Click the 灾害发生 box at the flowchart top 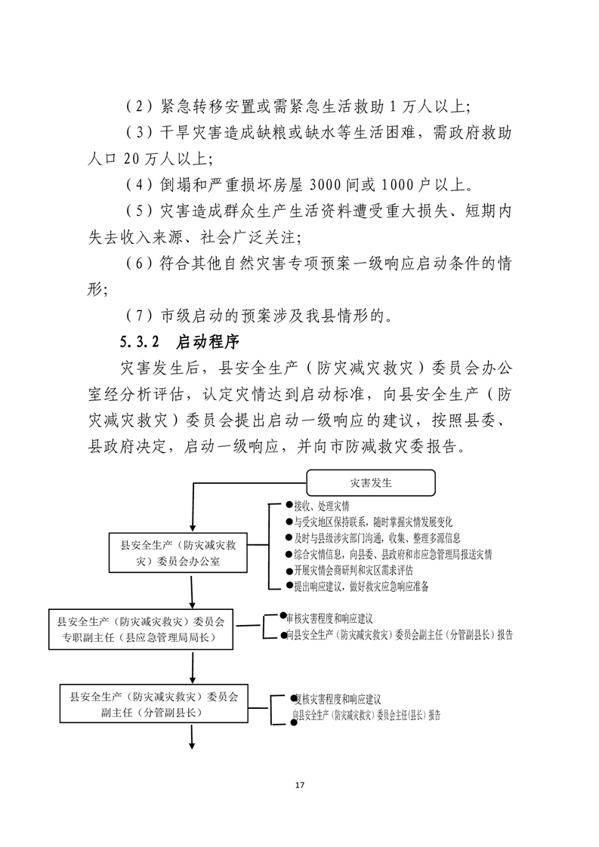coord(370,481)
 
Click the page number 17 coord(299,786)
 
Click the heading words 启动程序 coord(208,342)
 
